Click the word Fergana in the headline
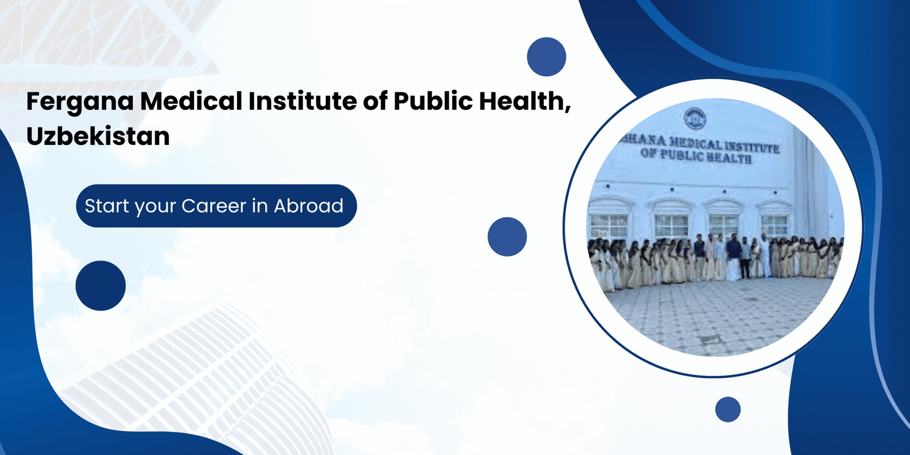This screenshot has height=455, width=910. click(80, 102)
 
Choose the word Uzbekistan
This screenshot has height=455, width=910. click(98, 136)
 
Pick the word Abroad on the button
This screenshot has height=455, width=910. click(309, 206)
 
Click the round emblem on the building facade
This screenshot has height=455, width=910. click(694, 118)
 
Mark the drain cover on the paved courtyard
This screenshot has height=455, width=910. click(710, 340)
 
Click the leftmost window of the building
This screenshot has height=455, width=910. click(609, 225)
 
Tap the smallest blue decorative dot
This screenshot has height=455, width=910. click(727, 409)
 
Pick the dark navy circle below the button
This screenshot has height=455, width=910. click(101, 286)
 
